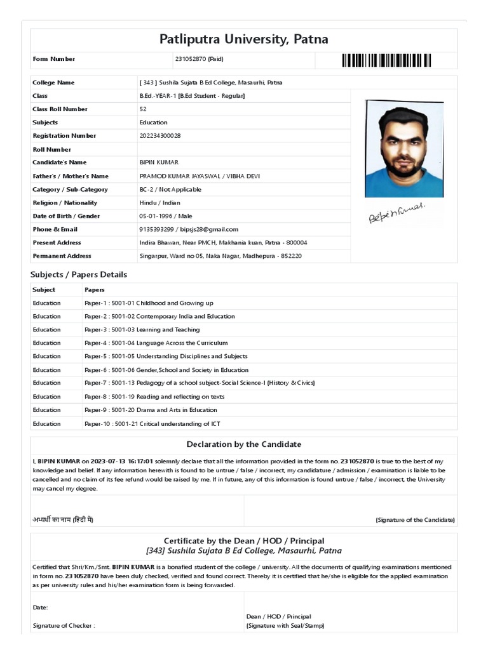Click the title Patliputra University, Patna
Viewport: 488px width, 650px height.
click(244, 39)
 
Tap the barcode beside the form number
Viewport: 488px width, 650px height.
click(386, 60)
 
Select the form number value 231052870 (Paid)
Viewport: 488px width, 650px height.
click(199, 59)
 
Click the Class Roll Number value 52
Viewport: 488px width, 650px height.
click(143, 109)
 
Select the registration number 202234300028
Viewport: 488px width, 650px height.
click(160, 136)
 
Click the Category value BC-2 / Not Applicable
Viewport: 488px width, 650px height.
click(170, 190)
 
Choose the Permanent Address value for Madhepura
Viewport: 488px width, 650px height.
click(220, 256)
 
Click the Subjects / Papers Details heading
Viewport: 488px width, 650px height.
click(79, 275)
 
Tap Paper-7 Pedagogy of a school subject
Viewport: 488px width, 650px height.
click(200, 383)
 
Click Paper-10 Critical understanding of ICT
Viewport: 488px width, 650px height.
click(152, 424)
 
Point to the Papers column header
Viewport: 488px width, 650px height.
click(95, 290)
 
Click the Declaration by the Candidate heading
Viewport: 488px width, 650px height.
click(244, 444)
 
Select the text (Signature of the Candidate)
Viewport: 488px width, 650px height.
click(415, 521)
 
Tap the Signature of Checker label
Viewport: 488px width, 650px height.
click(64, 626)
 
